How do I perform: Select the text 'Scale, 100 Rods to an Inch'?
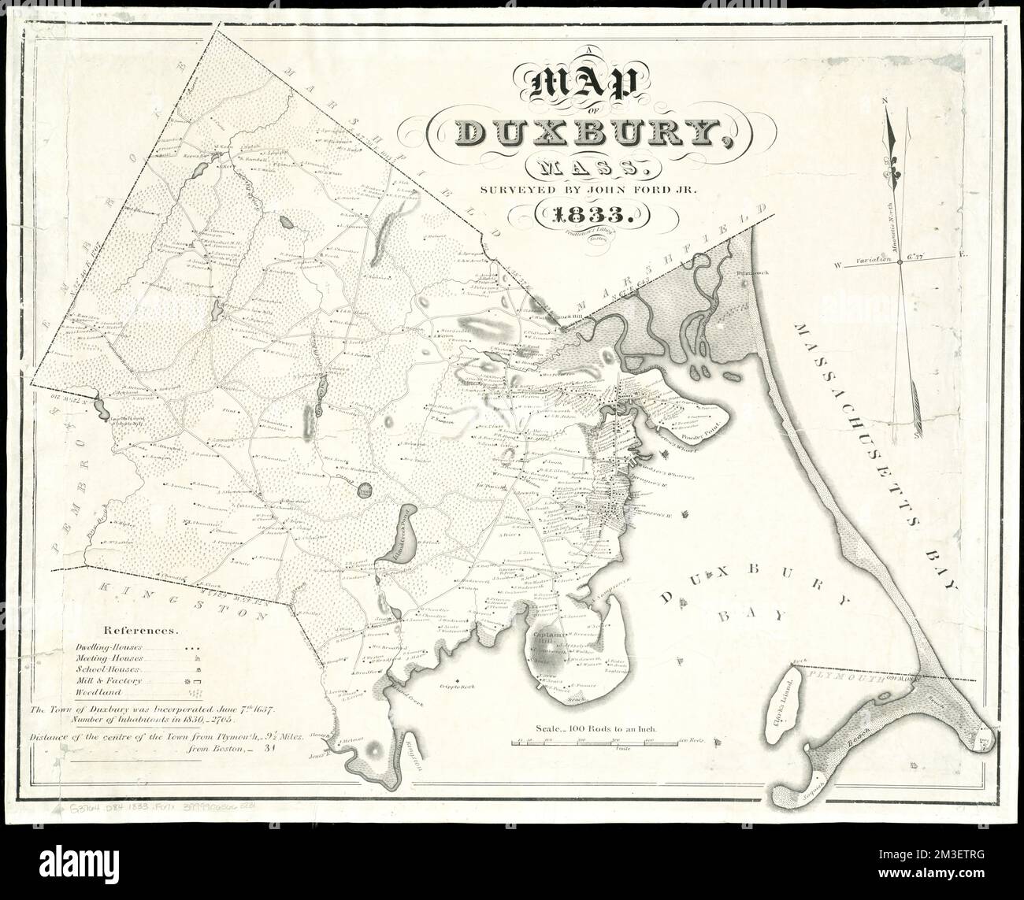pos(595,730)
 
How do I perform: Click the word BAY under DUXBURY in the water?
pos(748,616)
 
